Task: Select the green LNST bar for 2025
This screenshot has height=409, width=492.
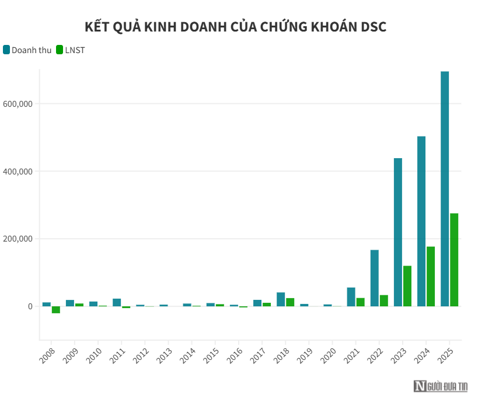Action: click(x=454, y=260)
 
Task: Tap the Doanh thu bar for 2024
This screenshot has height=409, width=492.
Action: click(x=421, y=221)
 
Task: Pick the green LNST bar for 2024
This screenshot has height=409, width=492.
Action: click(x=431, y=276)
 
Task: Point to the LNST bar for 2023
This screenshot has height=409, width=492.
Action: click(x=407, y=286)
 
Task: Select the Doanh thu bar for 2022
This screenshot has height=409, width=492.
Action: click(x=375, y=278)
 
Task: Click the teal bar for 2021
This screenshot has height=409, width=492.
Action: click(x=351, y=296)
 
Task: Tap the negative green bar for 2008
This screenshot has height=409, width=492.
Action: click(x=56, y=310)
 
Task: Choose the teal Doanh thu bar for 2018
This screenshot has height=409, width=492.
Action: click(x=281, y=299)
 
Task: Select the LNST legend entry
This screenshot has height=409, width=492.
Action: click(x=70, y=50)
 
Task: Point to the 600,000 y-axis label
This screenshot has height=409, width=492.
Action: click(x=18, y=104)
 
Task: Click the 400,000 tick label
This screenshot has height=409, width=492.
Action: click(x=18, y=172)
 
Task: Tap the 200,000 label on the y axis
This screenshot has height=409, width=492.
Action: click(x=18, y=239)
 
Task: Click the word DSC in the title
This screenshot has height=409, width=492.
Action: click(x=373, y=27)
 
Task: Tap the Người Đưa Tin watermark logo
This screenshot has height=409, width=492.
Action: click(x=441, y=386)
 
